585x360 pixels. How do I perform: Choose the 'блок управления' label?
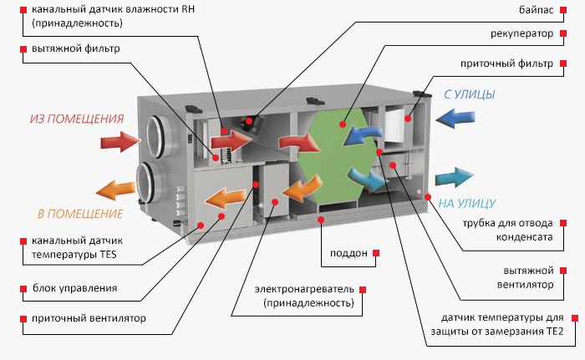(x=76, y=288)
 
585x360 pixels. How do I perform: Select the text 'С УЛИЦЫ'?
(x=470, y=94)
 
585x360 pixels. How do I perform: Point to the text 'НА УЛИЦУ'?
(x=469, y=203)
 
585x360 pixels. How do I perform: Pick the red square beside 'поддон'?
(x=376, y=252)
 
